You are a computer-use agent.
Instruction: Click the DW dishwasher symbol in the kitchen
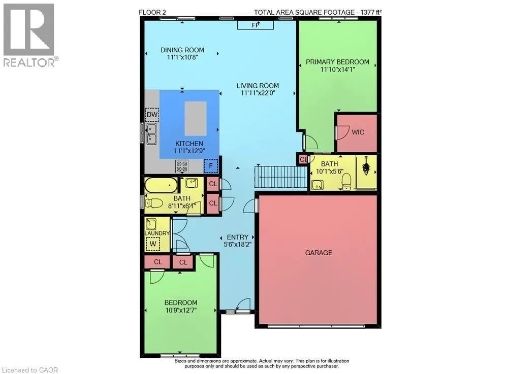152,115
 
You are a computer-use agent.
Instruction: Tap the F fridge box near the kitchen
211,166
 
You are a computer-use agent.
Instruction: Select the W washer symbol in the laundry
153,244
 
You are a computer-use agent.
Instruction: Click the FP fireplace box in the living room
256,25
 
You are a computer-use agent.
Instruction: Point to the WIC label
358,132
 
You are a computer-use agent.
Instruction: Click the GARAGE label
319,253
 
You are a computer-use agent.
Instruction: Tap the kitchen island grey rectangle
196,118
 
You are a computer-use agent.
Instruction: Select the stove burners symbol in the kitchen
182,166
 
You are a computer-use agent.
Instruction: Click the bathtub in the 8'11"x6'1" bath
161,185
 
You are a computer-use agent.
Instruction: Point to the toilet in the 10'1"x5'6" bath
346,182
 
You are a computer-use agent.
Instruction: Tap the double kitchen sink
151,134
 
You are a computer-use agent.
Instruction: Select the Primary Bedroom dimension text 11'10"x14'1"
338,69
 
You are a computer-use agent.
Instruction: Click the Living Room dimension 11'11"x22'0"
258,93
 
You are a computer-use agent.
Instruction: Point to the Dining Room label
182,50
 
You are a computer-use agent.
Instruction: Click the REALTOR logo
30,35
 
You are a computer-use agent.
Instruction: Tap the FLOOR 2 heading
152,12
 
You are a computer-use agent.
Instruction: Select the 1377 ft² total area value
370,12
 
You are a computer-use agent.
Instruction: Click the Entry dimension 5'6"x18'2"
238,244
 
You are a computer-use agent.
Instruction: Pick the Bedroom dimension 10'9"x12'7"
181,310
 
